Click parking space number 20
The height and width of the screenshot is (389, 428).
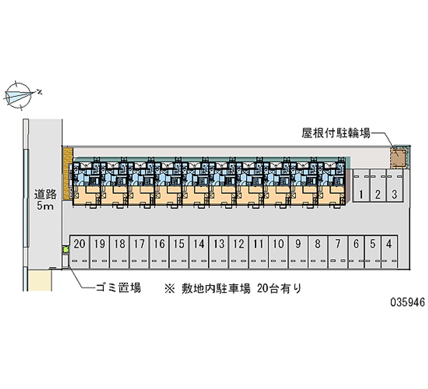pyautogui.click(x=80, y=251)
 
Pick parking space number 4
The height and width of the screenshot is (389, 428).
pyautogui.click(x=389, y=251)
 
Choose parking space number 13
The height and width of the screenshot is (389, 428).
pyautogui.click(x=218, y=251)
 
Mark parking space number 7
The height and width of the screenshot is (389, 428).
pyautogui.click(x=338, y=251)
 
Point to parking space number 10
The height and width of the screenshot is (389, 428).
pyautogui.click(x=278, y=251)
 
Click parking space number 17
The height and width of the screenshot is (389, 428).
pyautogui.click(x=139, y=251)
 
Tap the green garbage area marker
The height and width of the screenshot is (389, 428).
pyautogui.click(x=66, y=249)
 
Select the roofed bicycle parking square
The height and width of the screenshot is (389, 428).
pyautogui.click(x=398, y=157)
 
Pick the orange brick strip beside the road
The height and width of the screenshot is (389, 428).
pyautogui.click(x=67, y=174)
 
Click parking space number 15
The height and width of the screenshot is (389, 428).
pyautogui.click(x=179, y=251)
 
